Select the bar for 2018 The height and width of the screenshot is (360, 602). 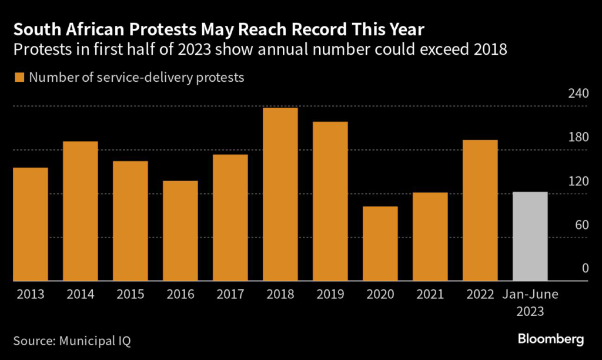coord(280,195)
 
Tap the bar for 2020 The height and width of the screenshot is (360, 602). coord(380,244)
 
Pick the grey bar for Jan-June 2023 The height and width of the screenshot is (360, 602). coord(530,236)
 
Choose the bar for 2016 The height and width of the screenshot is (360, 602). coord(180,231)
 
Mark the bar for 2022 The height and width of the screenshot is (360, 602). coord(480,211)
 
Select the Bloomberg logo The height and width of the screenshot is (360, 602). coord(551,339)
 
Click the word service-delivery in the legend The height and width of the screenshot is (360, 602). coord(149,78)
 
